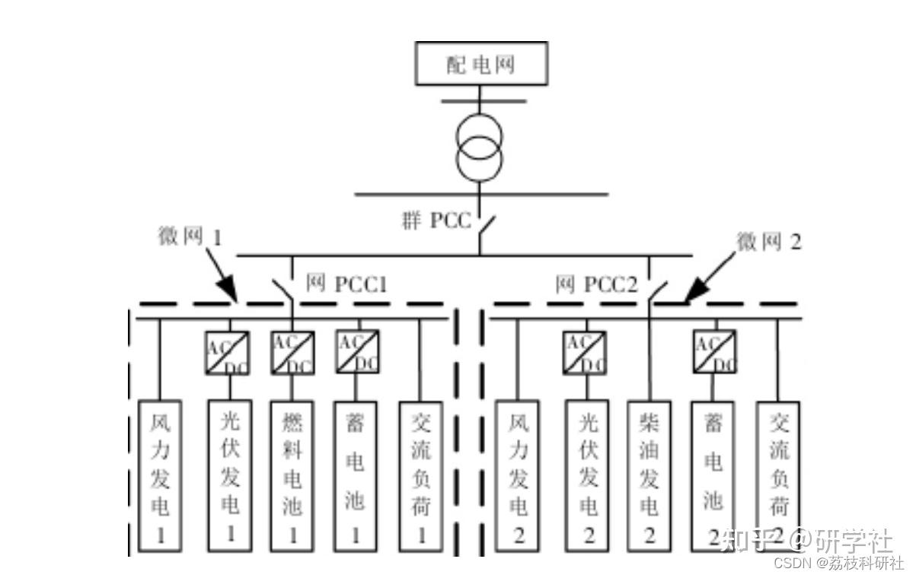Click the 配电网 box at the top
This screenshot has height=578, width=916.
(x=481, y=63)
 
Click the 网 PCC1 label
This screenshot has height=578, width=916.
(x=346, y=285)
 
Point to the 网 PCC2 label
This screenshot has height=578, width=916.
(x=595, y=285)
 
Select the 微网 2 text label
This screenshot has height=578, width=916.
(x=768, y=242)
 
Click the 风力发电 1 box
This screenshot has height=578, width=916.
(x=161, y=475)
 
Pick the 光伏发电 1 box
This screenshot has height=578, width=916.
(x=229, y=475)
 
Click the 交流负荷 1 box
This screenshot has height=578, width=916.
(x=421, y=475)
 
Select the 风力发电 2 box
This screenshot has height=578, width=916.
(x=517, y=475)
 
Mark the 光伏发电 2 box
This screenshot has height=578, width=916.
(x=586, y=475)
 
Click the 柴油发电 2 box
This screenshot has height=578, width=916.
(x=649, y=475)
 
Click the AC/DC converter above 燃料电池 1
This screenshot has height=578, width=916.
(x=292, y=353)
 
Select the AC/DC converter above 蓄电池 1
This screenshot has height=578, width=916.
(x=357, y=351)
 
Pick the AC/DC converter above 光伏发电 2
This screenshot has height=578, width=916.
(x=585, y=353)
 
